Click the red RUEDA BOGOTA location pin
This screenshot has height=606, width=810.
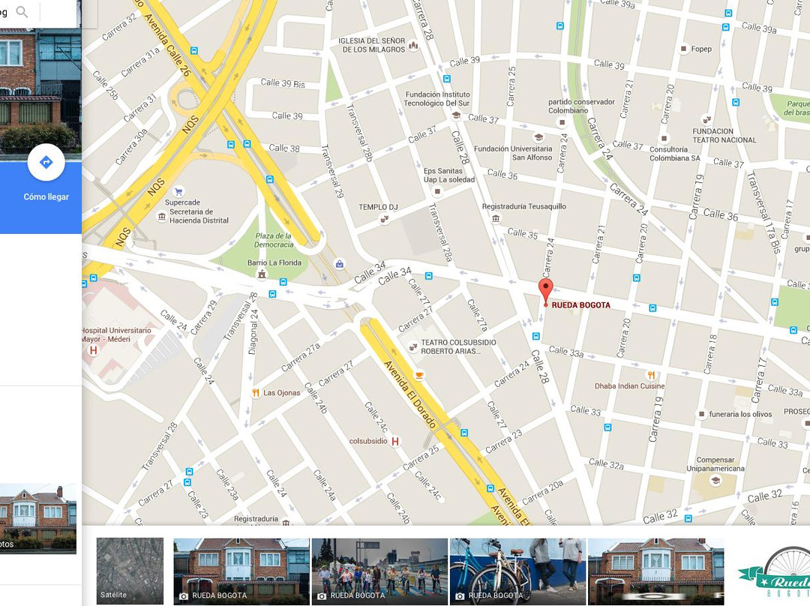(x=545, y=290)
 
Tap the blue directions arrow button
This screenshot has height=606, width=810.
(x=46, y=162)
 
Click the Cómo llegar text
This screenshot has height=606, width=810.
(x=46, y=196)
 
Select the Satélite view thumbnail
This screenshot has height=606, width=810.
(x=130, y=571)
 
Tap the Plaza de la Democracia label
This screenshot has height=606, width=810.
(x=274, y=240)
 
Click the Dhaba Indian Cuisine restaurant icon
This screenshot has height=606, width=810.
(x=651, y=375)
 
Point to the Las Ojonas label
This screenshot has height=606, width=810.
(x=281, y=393)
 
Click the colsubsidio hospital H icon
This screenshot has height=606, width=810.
(x=395, y=441)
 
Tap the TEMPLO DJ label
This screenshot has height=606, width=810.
(x=378, y=207)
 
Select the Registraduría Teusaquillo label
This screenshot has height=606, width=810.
(x=523, y=206)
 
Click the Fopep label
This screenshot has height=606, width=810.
(x=701, y=49)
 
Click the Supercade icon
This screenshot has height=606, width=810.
(x=178, y=192)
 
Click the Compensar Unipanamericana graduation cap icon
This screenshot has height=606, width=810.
(x=715, y=480)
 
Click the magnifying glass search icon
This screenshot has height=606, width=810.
(x=22, y=12)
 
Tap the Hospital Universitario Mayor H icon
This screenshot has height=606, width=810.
(x=93, y=350)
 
